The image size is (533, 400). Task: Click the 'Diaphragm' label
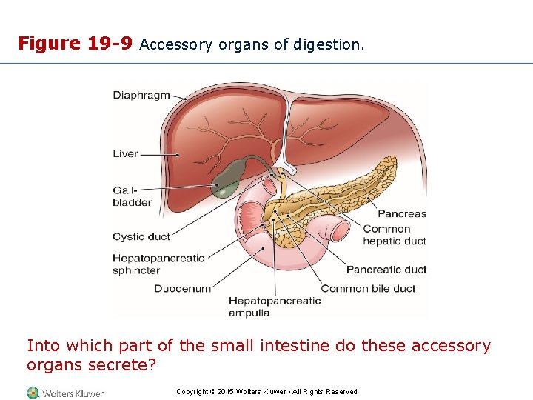[x=141, y=95]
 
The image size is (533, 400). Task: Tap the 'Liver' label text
[x=125, y=154]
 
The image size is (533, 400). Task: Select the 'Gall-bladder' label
[x=132, y=196]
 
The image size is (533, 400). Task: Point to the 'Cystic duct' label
[x=141, y=237]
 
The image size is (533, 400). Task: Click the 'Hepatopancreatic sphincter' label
[x=158, y=264]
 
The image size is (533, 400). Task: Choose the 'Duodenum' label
[x=182, y=288]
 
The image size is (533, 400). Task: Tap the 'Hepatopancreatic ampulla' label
[x=274, y=307]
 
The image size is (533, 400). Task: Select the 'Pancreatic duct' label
[x=386, y=270]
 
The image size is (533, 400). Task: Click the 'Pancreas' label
[x=402, y=214]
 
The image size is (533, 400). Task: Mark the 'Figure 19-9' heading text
[x=75, y=44]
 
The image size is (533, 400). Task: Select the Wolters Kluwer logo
[x=65, y=393]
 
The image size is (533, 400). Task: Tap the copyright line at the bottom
[x=266, y=392]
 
